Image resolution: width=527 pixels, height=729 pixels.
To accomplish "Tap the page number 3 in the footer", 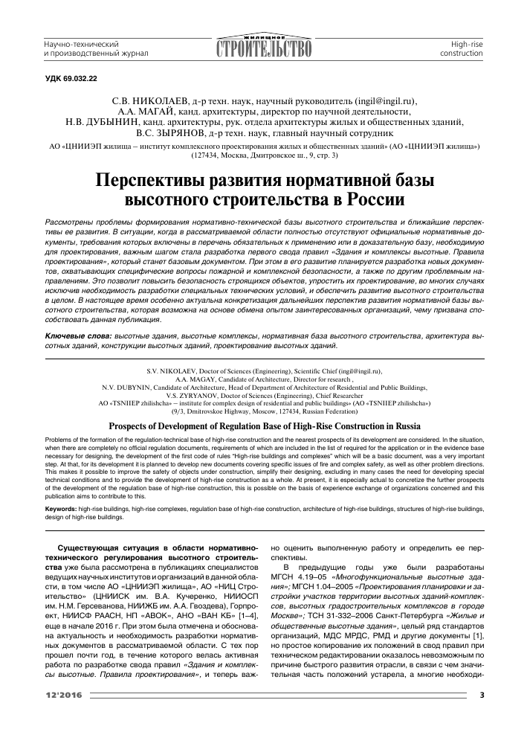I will click(481, 695).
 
